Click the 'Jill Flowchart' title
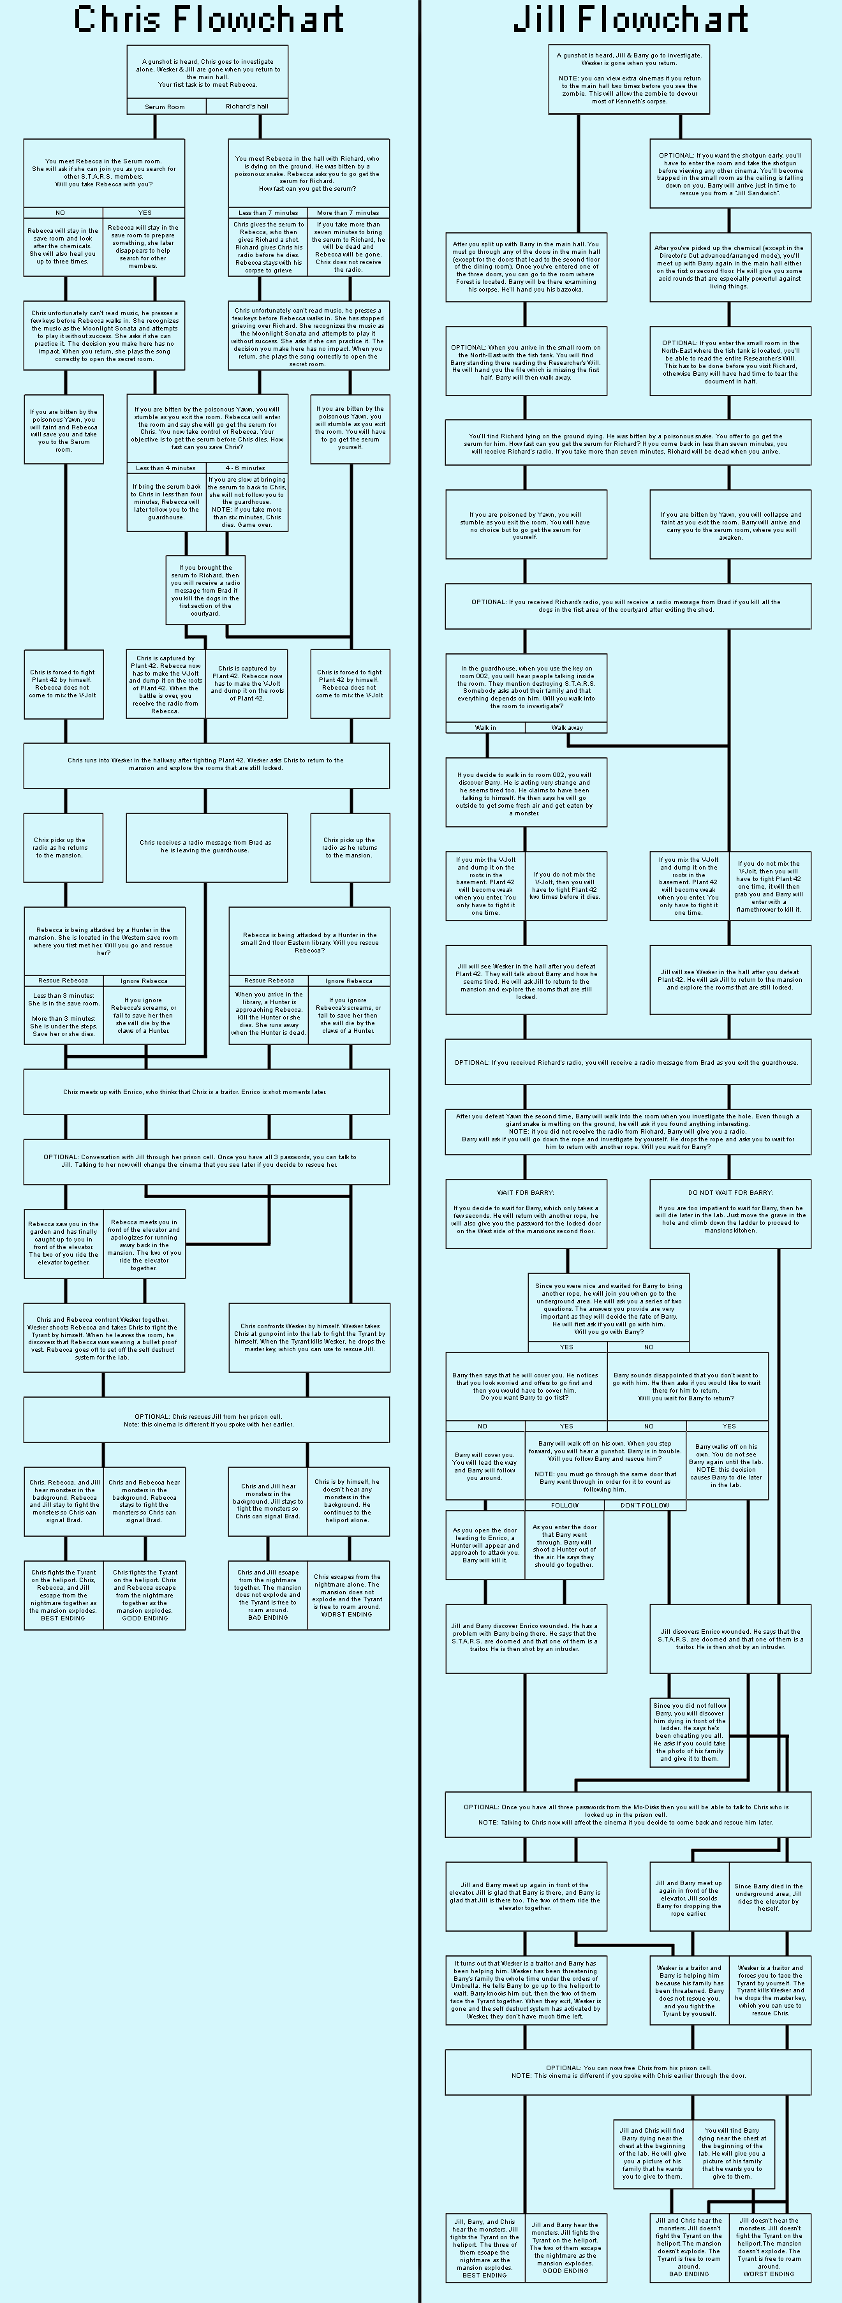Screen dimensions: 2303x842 630,19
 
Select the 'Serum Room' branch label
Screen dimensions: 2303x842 165,107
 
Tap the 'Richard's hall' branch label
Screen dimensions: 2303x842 247,107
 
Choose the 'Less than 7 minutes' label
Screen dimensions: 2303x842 268,213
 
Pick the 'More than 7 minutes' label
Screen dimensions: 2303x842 348,213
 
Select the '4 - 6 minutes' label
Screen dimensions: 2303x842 245,468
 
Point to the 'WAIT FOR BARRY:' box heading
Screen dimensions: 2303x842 526,1192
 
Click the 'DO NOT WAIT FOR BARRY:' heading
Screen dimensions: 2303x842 730,1192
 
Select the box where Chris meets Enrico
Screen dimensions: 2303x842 207,1092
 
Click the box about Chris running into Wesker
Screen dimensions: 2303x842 207,764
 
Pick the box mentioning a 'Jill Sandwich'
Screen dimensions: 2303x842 730,174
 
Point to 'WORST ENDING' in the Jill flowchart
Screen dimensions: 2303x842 769,2274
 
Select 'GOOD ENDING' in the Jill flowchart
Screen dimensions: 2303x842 565,2270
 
